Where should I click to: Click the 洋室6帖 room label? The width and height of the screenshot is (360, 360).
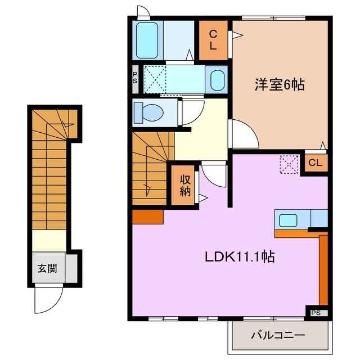click(280, 85)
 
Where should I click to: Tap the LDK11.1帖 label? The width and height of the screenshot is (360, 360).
click(239, 257)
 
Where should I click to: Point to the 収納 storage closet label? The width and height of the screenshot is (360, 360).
click(185, 185)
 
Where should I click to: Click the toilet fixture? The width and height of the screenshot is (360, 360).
click(150, 111)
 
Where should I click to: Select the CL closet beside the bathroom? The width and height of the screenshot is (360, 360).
click(214, 40)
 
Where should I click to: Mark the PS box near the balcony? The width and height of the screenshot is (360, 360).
click(316, 312)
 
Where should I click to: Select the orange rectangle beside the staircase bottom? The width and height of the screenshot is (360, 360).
click(148, 216)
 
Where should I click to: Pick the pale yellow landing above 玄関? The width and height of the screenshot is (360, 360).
click(48, 241)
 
